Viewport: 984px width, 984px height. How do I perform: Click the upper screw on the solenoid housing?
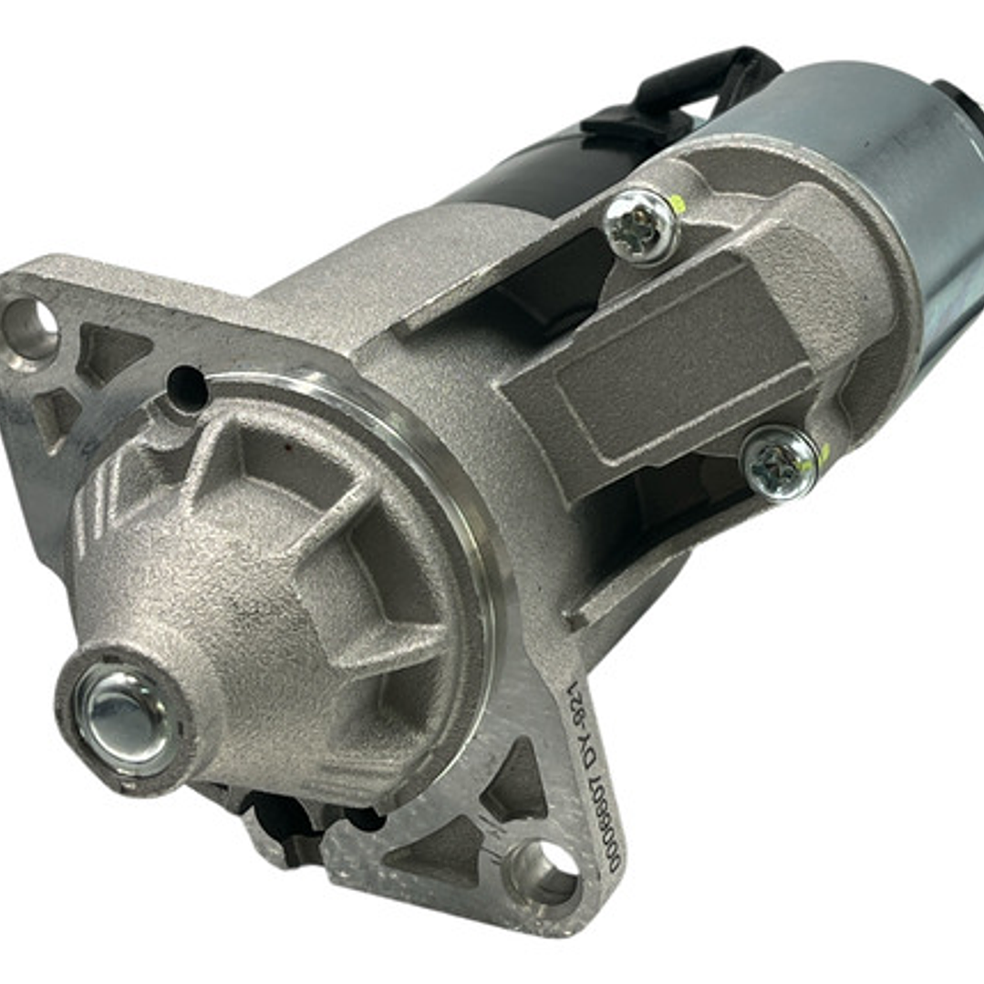[641, 226]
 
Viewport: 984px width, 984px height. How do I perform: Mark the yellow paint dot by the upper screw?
[677, 202]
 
